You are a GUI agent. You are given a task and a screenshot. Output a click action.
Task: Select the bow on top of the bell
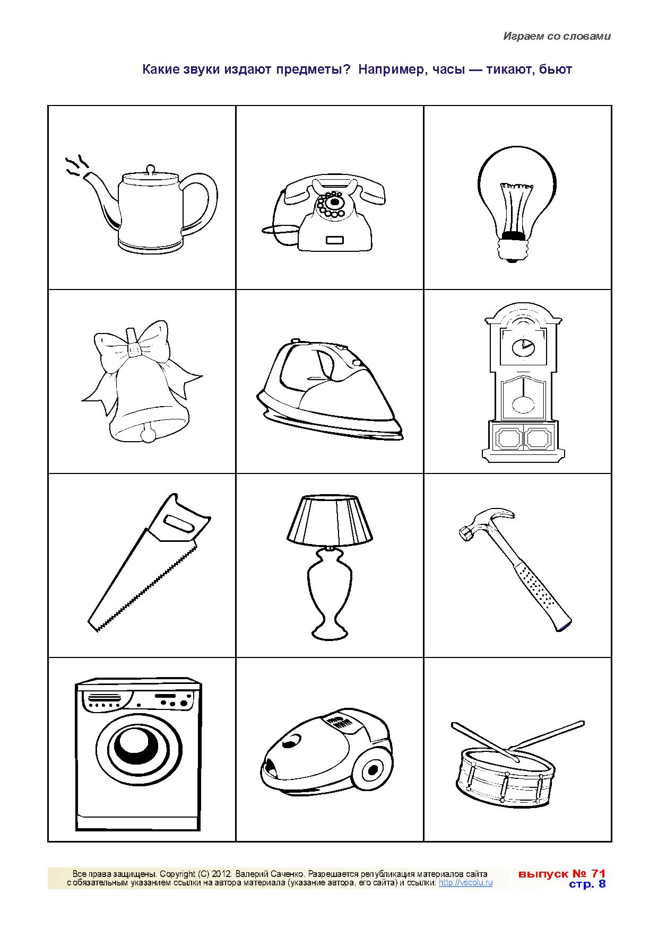click(x=137, y=350)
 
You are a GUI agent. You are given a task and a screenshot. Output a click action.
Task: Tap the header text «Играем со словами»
click(x=557, y=37)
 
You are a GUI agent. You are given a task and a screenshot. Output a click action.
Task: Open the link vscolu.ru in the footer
click(x=466, y=883)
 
